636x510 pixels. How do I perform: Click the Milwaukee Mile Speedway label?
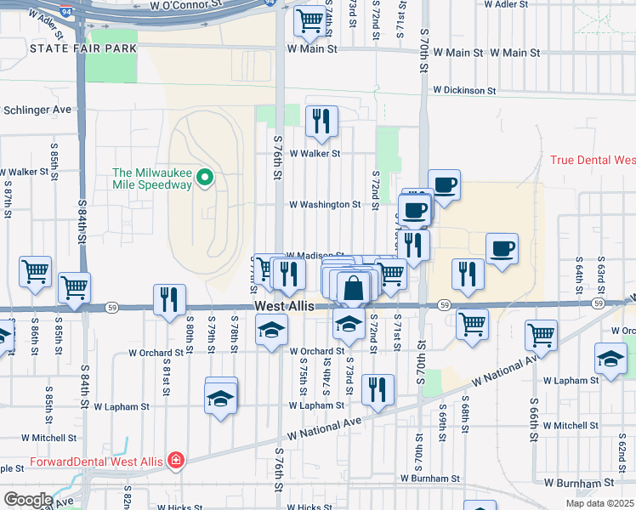153,177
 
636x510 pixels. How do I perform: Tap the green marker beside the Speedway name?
204,178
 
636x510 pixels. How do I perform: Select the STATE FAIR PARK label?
82,48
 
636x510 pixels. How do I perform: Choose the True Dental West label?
593,160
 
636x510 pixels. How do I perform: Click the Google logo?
27,500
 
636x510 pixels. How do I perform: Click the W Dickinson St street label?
463,89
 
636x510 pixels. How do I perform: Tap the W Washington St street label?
325,205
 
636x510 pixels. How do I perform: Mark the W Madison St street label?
315,255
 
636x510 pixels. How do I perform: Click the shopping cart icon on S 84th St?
75,287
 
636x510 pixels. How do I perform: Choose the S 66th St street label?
533,411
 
